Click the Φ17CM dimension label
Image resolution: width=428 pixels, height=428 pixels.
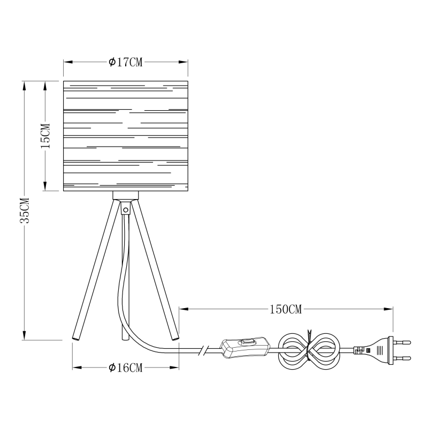click(125, 62)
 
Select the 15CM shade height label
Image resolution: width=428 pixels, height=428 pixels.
click(45, 136)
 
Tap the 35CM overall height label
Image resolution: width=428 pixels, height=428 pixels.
click(25, 210)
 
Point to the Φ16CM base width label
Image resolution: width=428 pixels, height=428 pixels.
click(125, 368)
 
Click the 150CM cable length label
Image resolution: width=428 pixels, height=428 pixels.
click(286, 309)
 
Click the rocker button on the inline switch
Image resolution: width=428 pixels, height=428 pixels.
click(247, 341)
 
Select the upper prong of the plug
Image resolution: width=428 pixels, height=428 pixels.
click(402, 342)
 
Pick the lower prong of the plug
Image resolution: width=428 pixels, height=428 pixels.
click(402, 358)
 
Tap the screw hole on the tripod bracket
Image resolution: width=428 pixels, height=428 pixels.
click(126, 210)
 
